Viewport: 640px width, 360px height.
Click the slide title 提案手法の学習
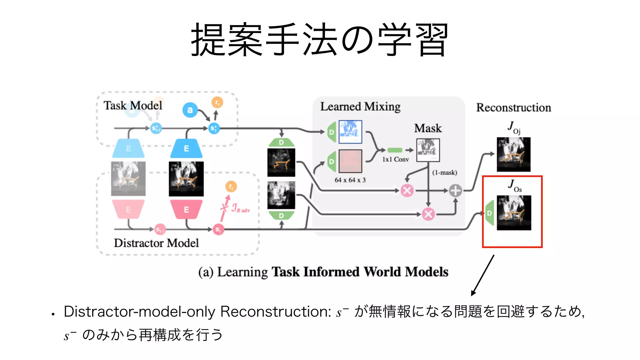pyautogui.click(x=319, y=40)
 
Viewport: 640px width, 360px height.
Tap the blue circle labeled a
pyautogui.click(x=190, y=110)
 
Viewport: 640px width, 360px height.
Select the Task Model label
pyautogui.click(x=133, y=106)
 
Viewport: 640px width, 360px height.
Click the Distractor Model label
pyautogui.click(x=156, y=243)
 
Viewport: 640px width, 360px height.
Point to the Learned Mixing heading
pyautogui.click(x=360, y=107)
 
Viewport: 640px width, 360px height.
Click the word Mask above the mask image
pyautogui.click(x=428, y=128)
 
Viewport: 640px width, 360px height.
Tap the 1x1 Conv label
pyautogui.click(x=395, y=159)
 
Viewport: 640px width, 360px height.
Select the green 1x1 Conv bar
pyautogui.click(x=395, y=150)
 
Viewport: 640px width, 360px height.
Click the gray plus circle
pyautogui.click(x=455, y=190)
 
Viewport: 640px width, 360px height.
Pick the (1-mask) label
pyautogui.click(x=444, y=172)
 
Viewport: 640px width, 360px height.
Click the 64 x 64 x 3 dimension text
pyautogui.click(x=350, y=180)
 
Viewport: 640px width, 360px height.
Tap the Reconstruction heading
pyautogui.click(x=513, y=107)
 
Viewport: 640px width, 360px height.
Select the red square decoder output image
pyautogui.click(x=350, y=161)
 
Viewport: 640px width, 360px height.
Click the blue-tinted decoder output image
pyautogui.click(x=350, y=132)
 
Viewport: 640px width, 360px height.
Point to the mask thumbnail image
pyautogui.click(x=428, y=150)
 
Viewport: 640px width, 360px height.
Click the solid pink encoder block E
pyautogui.click(x=186, y=209)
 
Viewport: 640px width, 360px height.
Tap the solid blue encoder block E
pyautogui.click(x=186, y=148)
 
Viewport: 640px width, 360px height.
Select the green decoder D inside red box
pyautogui.click(x=490, y=213)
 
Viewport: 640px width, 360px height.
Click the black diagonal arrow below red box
pyautogui.click(x=482, y=275)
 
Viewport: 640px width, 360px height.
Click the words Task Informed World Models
pyautogui.click(x=360, y=272)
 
